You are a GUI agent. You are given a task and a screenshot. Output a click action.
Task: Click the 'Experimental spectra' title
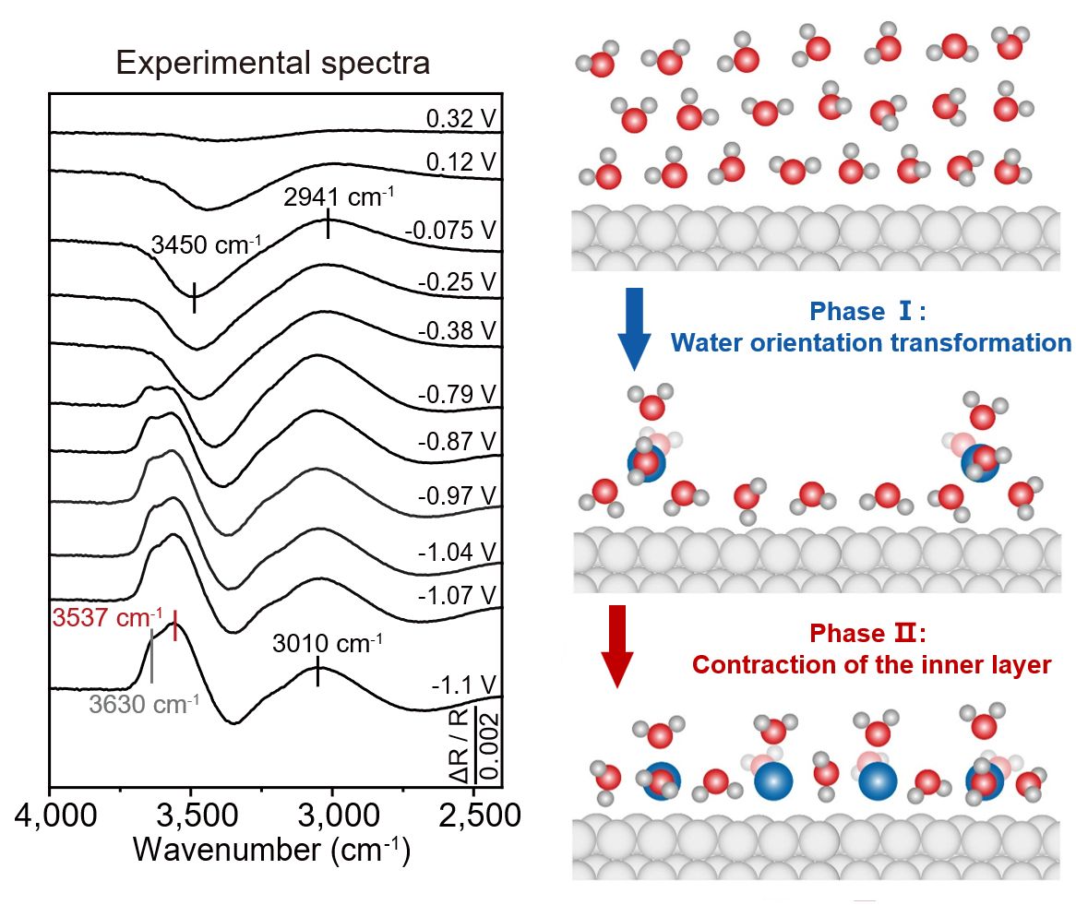coord(272,63)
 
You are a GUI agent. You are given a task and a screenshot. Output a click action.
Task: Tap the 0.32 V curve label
coord(460,119)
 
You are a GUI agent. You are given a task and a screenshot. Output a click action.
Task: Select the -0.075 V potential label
coord(449,230)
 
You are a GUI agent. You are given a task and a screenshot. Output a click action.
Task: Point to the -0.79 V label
coord(457,395)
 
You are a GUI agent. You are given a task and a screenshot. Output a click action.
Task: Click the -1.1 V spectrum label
coord(463,685)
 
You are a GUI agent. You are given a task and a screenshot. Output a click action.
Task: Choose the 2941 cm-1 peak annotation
coord(339,196)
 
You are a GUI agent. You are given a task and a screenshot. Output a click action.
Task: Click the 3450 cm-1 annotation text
coord(206,244)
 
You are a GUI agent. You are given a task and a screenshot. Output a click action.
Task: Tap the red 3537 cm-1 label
coord(108,617)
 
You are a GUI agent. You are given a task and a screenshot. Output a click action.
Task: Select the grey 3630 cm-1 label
coord(144,704)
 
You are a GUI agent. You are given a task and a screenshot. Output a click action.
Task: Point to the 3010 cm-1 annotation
coord(328,644)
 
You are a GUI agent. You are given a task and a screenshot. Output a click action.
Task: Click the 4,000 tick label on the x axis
coord(55,816)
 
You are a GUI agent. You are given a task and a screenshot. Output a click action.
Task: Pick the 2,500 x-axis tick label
coord(480,816)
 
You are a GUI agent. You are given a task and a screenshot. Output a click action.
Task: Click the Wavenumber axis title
coord(271,850)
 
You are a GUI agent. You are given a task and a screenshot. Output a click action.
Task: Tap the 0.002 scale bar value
coord(489,745)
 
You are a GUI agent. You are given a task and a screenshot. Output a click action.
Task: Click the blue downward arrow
coord(634,328)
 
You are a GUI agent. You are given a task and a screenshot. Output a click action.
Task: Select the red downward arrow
coord(617,646)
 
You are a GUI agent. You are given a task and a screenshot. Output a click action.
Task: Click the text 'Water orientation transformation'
coord(871,342)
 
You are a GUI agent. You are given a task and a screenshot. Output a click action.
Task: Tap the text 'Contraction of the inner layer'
coord(871,664)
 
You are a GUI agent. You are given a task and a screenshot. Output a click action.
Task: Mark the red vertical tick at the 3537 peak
coord(175,625)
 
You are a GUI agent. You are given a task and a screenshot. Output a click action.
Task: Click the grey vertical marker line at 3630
coord(151,658)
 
